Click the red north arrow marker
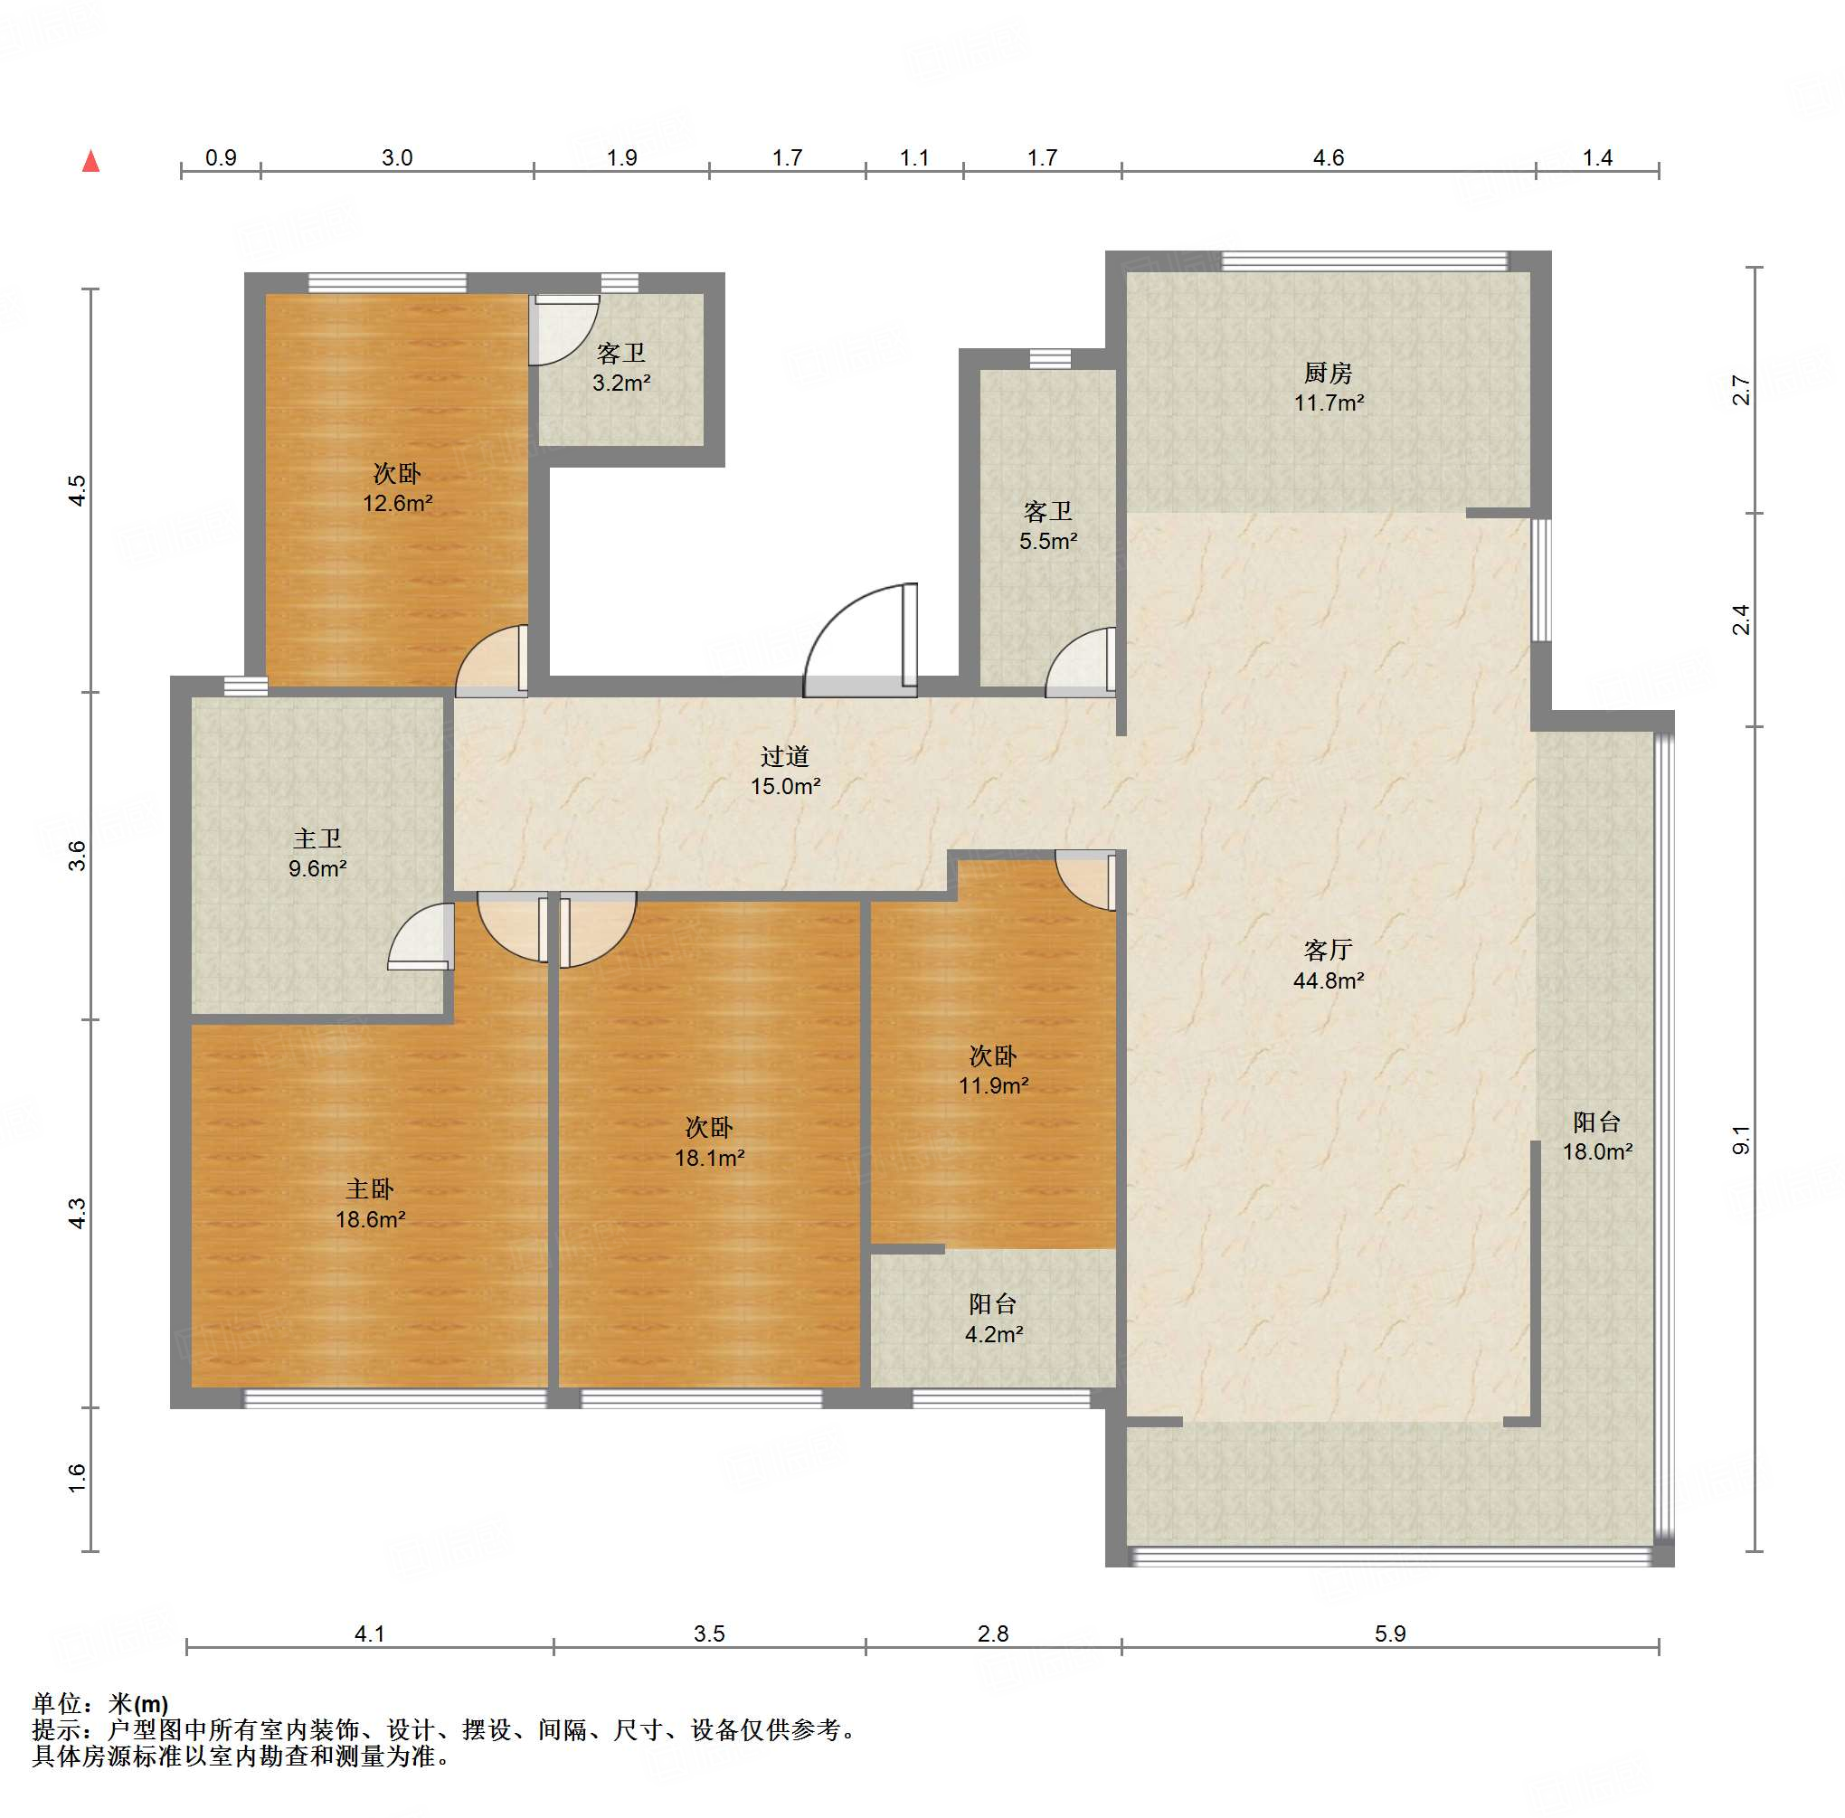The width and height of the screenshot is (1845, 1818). [91, 161]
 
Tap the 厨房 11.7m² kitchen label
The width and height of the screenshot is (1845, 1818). [1329, 388]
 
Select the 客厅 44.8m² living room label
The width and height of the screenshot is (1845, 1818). [1329, 965]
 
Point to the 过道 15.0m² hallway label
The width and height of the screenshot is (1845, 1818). [785, 772]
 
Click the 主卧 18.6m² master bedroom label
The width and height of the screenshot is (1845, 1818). [371, 1204]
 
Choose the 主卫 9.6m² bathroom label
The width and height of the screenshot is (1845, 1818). [318, 854]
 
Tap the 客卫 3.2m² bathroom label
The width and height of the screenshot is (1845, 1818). [621, 368]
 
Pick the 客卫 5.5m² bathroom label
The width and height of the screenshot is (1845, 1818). [1048, 526]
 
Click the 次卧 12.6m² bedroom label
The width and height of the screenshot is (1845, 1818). [397, 488]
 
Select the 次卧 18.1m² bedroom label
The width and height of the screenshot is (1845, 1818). [710, 1143]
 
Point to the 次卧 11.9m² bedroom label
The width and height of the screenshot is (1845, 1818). [993, 1070]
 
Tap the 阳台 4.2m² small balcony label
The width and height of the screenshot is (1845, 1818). [993, 1319]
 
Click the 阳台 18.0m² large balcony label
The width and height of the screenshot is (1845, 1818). [1598, 1136]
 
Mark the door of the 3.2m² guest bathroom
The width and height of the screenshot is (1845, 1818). [564, 329]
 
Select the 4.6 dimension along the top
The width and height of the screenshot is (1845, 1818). [1329, 157]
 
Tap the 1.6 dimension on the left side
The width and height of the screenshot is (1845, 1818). [78, 1478]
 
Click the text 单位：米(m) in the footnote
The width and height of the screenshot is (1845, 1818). [100, 1704]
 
